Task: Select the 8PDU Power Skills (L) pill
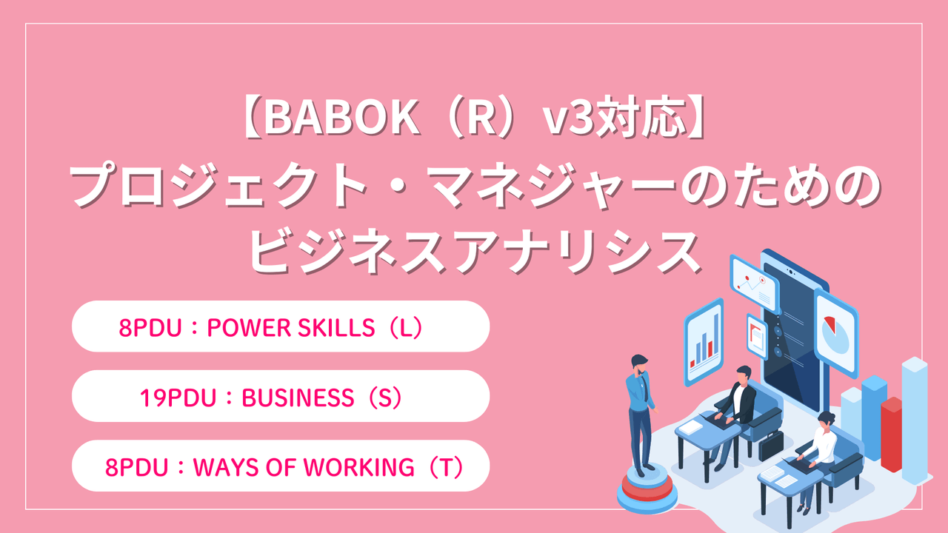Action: (x=280, y=326)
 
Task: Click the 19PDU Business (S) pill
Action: (x=280, y=397)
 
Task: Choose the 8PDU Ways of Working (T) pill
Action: (x=280, y=466)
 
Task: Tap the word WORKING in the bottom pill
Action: (x=370, y=467)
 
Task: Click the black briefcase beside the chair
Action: (x=771, y=444)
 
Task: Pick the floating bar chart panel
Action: (x=703, y=341)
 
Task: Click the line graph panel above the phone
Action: (x=754, y=284)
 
